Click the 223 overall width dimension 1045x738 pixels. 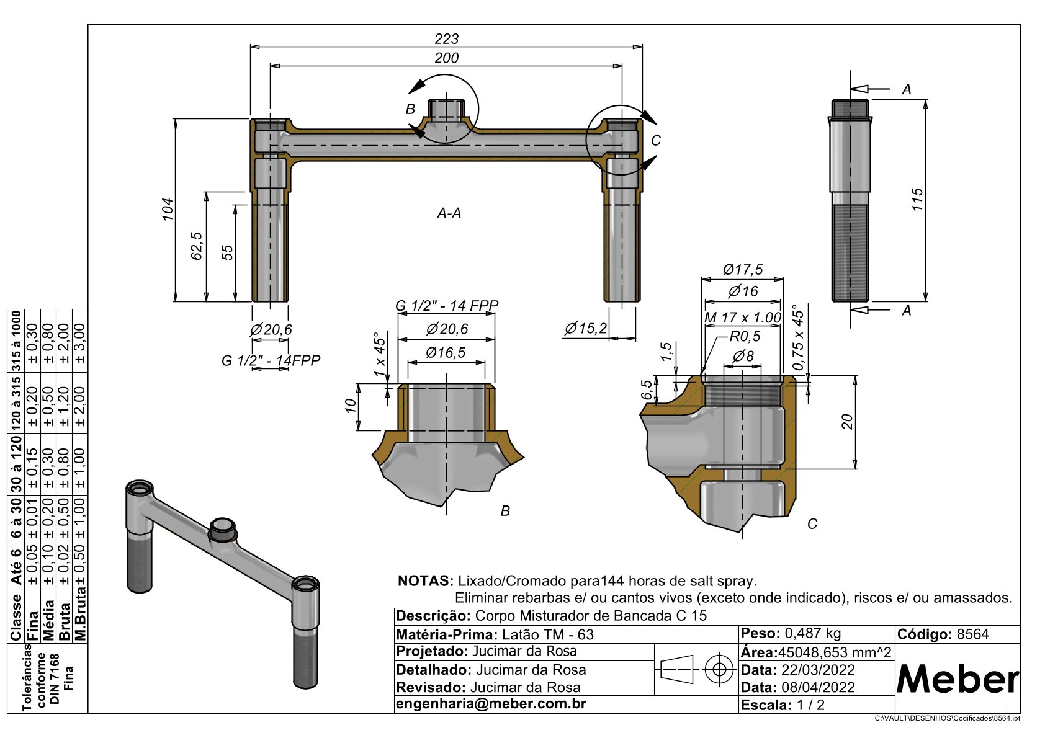446,39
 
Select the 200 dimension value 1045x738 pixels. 446,58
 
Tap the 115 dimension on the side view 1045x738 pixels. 917,199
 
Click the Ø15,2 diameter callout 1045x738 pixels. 585,328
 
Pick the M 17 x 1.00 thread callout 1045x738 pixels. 742,318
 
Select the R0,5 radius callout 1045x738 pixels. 745,336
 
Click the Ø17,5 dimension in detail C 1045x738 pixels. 742,270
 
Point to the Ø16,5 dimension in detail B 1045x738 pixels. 446,353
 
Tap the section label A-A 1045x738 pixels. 449,213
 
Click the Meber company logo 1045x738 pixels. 957,679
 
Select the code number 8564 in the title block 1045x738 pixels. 972,634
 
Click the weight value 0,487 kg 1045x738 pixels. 813,633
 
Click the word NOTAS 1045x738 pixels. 425,581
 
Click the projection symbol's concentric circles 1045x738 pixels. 719,669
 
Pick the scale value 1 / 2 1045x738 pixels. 810,705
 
